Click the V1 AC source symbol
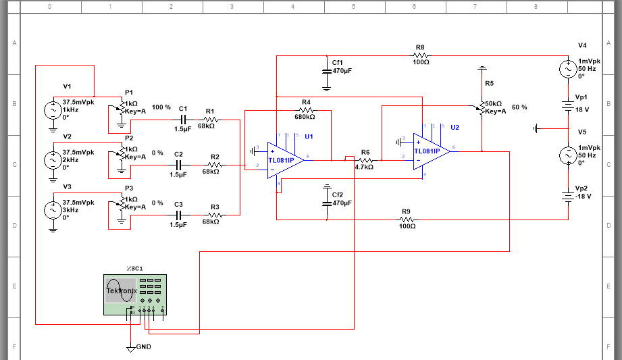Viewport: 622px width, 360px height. tap(53, 110)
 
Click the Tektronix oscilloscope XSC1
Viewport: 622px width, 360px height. tap(135, 294)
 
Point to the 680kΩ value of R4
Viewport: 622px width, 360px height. tap(305, 116)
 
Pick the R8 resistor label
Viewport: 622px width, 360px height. tap(420, 48)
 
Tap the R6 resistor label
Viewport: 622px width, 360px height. tap(365, 153)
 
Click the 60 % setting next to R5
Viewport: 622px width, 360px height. tap(519, 107)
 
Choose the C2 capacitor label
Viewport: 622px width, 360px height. tap(178, 154)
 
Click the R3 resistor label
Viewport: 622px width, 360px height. tap(215, 206)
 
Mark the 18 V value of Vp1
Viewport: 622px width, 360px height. tap(582, 109)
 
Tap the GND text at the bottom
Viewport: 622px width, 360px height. tap(143, 347)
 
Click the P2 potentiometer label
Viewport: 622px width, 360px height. tap(129, 138)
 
